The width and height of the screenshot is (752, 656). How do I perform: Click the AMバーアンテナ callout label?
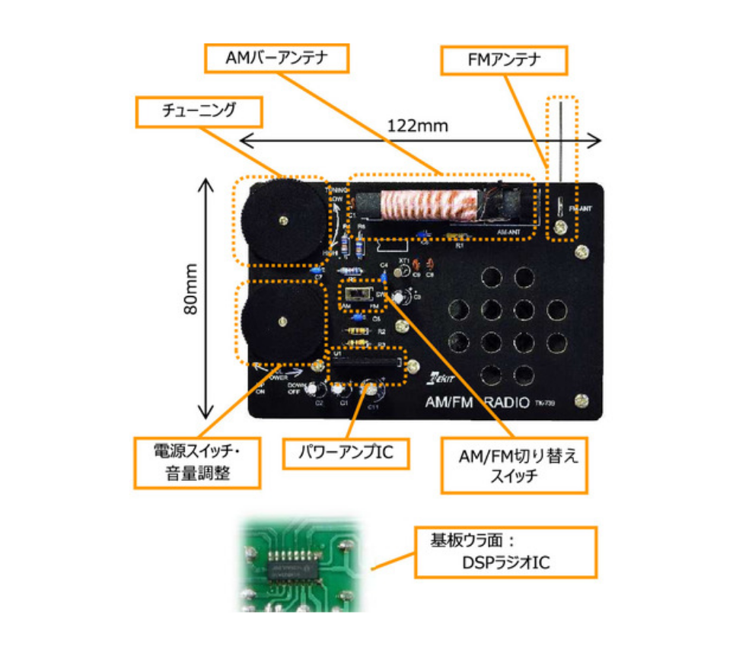point(276,59)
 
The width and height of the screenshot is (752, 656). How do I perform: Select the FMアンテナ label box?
point(505,61)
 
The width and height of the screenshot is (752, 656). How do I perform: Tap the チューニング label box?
point(199,111)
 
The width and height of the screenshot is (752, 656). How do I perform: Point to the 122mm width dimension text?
point(417,125)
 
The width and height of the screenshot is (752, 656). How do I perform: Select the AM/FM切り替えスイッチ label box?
point(515,466)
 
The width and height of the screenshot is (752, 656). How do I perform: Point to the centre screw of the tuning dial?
point(283,221)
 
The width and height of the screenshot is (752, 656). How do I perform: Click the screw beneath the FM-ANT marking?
point(560,227)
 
